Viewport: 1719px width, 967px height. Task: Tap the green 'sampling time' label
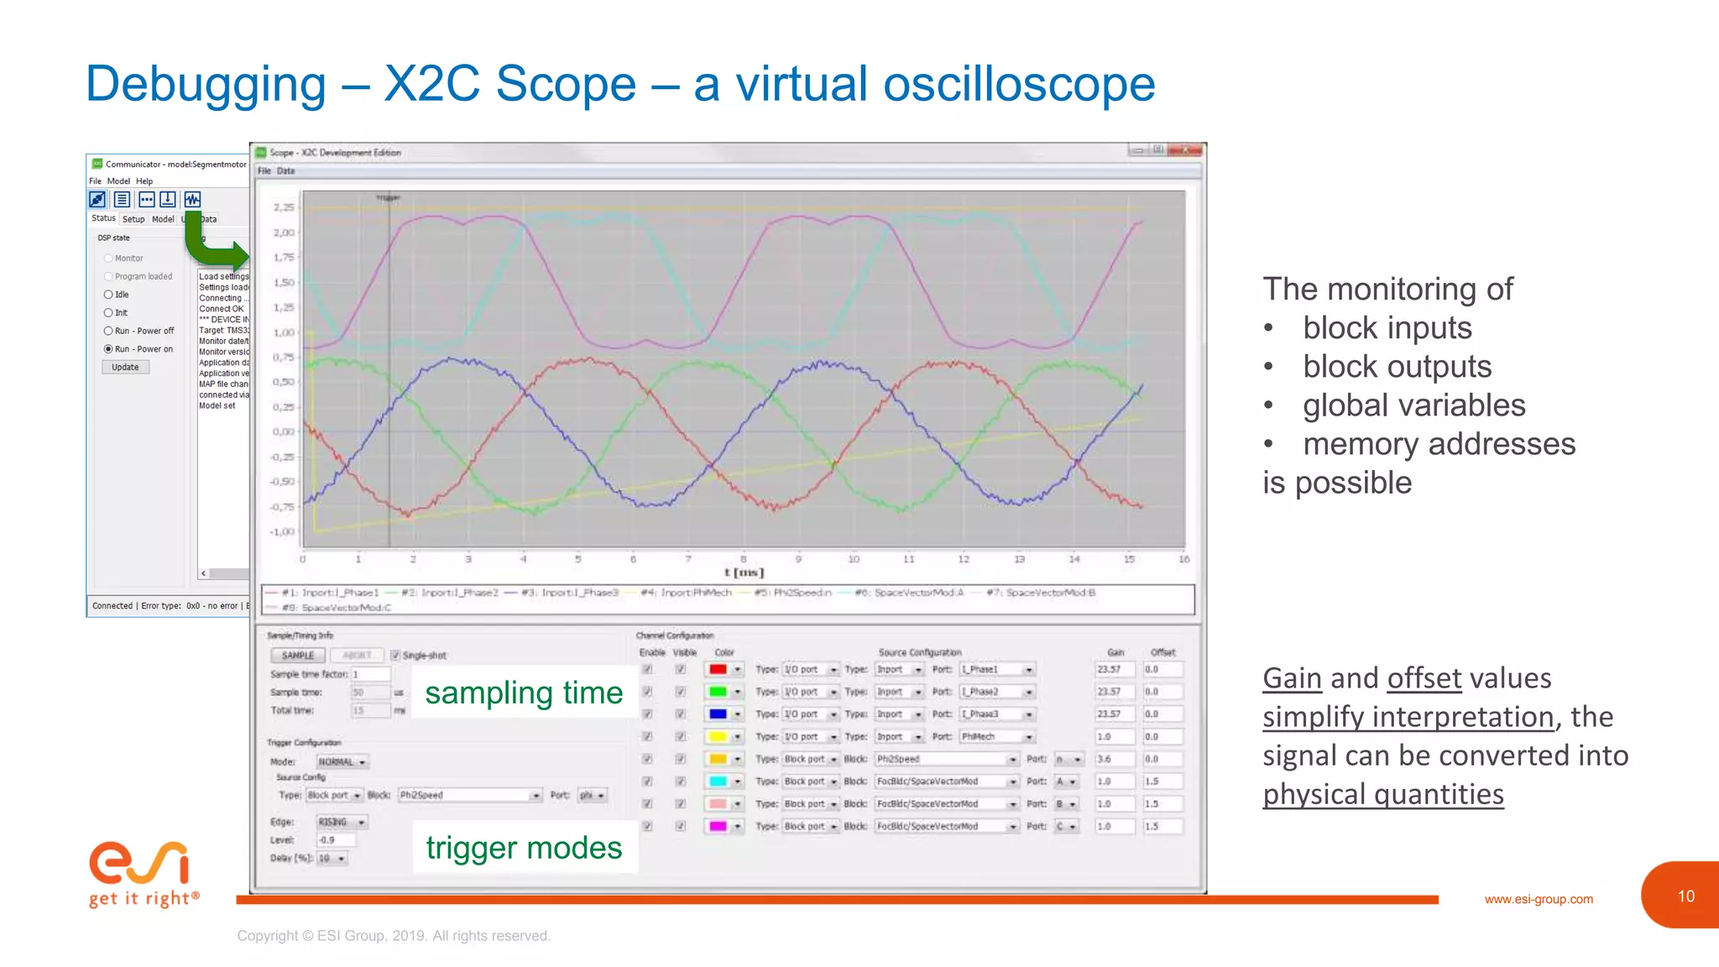pyautogui.click(x=524, y=693)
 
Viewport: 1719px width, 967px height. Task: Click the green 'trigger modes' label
pyautogui.click(x=524, y=848)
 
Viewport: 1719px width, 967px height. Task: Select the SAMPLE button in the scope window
pyautogui.click(x=298, y=656)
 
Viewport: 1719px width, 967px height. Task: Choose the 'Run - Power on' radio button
pyautogui.click(x=108, y=349)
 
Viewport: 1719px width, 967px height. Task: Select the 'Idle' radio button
pyautogui.click(x=108, y=295)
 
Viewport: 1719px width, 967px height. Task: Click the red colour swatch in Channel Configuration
pyautogui.click(x=718, y=670)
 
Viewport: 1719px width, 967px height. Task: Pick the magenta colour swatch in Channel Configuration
pyautogui.click(x=718, y=827)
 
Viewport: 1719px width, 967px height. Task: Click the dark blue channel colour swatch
pyautogui.click(x=718, y=714)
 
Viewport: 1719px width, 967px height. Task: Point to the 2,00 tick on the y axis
pyautogui.click(x=284, y=233)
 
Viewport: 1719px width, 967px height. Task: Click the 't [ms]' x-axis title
pyautogui.click(x=744, y=572)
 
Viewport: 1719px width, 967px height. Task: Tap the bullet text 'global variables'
pyautogui.click(x=1413, y=405)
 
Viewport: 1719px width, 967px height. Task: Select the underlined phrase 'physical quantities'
pyautogui.click(x=1382, y=794)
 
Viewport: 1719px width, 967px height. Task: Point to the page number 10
pyautogui.click(x=1685, y=896)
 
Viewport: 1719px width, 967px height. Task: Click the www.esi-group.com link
pyautogui.click(x=1538, y=899)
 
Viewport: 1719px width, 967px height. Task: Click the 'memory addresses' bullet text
pyautogui.click(x=1439, y=444)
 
